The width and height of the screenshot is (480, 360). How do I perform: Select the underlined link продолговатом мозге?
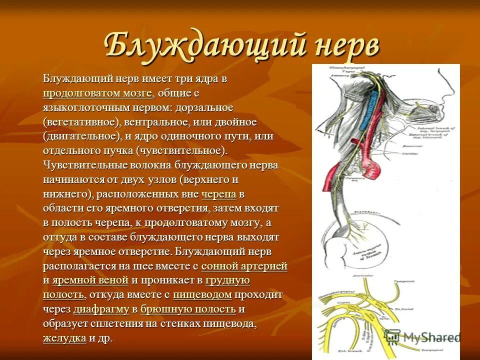pos(97,93)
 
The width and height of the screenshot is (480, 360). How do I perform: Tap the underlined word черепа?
pos(218,194)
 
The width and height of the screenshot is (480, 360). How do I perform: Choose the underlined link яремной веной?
pos(90,280)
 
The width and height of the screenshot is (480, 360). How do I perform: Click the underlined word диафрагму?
pos(101,309)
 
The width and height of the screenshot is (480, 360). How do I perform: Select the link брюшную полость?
pos(188,309)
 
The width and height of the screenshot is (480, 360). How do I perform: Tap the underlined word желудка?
pos(64,338)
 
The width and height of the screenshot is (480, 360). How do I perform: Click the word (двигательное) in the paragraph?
pos(82,136)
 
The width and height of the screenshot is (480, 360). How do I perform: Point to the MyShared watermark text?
pos(430,336)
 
